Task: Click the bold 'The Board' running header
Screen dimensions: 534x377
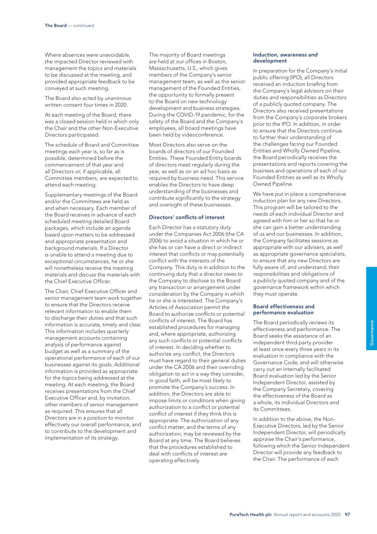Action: (55, 25)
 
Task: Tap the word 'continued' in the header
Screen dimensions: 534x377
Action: (84, 25)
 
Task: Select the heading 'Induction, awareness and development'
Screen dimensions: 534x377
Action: (285, 58)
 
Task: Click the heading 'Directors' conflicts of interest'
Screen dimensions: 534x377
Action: (187, 217)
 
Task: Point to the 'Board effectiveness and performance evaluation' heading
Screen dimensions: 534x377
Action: (284, 309)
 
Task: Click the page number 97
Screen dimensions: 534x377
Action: (347, 514)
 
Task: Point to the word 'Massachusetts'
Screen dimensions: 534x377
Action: (166, 68)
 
